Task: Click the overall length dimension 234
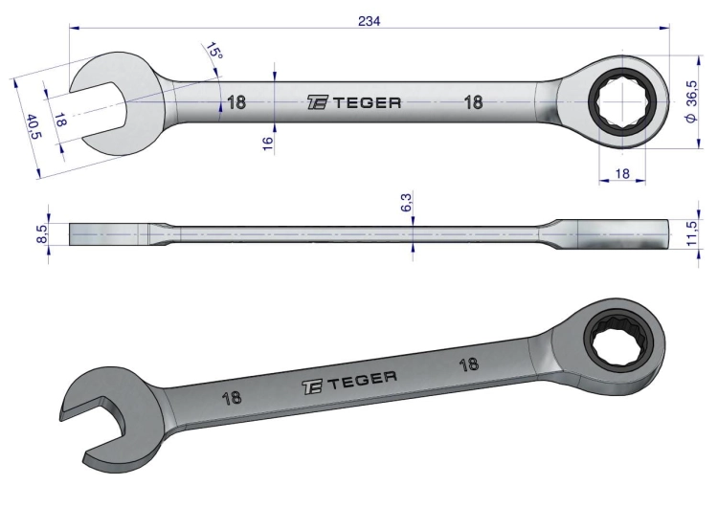point(370,21)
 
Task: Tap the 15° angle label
point(213,50)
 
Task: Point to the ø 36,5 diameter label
point(691,101)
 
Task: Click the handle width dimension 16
point(268,143)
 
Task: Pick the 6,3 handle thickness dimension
point(407,202)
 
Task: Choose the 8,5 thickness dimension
point(42,234)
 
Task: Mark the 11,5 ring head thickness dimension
point(692,233)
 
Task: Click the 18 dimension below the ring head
point(622,173)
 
